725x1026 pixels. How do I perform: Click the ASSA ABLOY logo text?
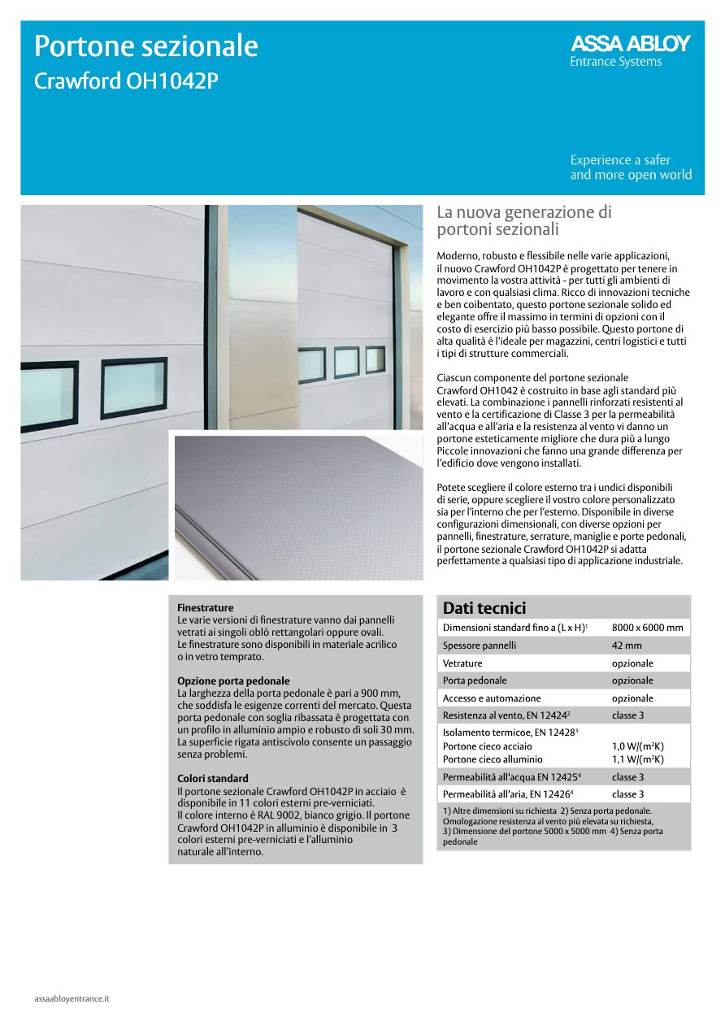(x=630, y=44)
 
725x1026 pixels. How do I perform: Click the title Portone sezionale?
(x=146, y=46)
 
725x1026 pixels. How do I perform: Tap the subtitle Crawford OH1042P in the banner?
(x=126, y=82)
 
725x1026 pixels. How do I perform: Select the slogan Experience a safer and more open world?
(x=631, y=167)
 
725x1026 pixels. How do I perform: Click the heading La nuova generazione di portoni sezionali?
(x=523, y=220)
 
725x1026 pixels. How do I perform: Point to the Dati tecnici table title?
(x=484, y=608)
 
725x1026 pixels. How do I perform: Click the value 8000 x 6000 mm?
(x=647, y=628)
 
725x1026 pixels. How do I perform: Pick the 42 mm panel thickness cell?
(x=627, y=646)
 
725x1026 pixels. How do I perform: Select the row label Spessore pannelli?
(x=480, y=646)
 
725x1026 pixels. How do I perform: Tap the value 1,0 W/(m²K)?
(x=638, y=746)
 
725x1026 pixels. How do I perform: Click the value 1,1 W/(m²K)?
(x=638, y=759)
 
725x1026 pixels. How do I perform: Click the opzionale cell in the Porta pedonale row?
(x=632, y=680)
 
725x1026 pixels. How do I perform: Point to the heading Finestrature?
(x=206, y=607)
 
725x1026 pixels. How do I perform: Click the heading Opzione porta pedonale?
(x=233, y=680)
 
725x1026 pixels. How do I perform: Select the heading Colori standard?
(x=213, y=778)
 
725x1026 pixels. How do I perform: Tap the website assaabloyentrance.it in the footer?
(x=72, y=998)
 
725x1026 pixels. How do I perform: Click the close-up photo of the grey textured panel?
(x=298, y=507)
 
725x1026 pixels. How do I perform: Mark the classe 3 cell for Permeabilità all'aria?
(x=628, y=794)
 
